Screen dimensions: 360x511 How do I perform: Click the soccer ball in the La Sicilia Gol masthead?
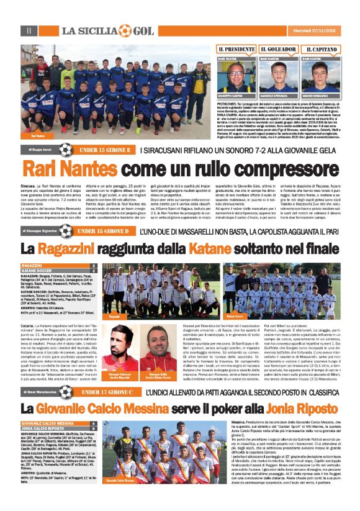point(125,30)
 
